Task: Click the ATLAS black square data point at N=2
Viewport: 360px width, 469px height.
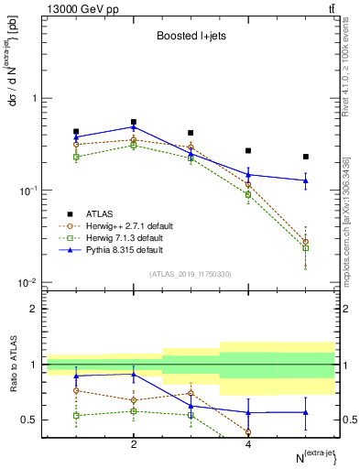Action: tap(134, 122)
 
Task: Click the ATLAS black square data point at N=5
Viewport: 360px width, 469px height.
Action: tap(306, 157)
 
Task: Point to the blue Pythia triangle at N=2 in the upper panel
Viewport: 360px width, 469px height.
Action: tap(134, 127)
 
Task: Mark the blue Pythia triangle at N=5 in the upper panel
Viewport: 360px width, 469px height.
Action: tap(306, 180)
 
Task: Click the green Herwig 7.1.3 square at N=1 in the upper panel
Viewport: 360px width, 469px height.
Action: tap(76, 157)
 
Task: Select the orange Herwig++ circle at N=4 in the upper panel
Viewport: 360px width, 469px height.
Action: tap(248, 185)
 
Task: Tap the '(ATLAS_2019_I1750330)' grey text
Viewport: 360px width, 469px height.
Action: tap(191, 274)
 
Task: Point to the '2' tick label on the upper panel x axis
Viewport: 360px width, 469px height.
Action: tap(134, 290)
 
